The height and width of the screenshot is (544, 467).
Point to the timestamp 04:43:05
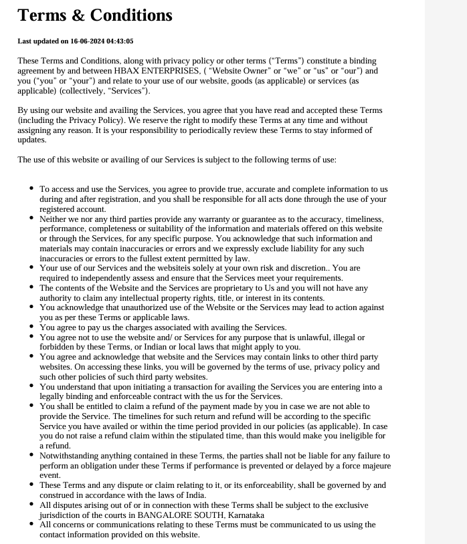(x=120, y=41)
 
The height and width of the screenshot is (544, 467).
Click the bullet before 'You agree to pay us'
(x=31, y=327)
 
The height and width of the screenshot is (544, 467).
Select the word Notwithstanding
(x=70, y=455)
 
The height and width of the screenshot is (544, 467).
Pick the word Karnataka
(x=243, y=515)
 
